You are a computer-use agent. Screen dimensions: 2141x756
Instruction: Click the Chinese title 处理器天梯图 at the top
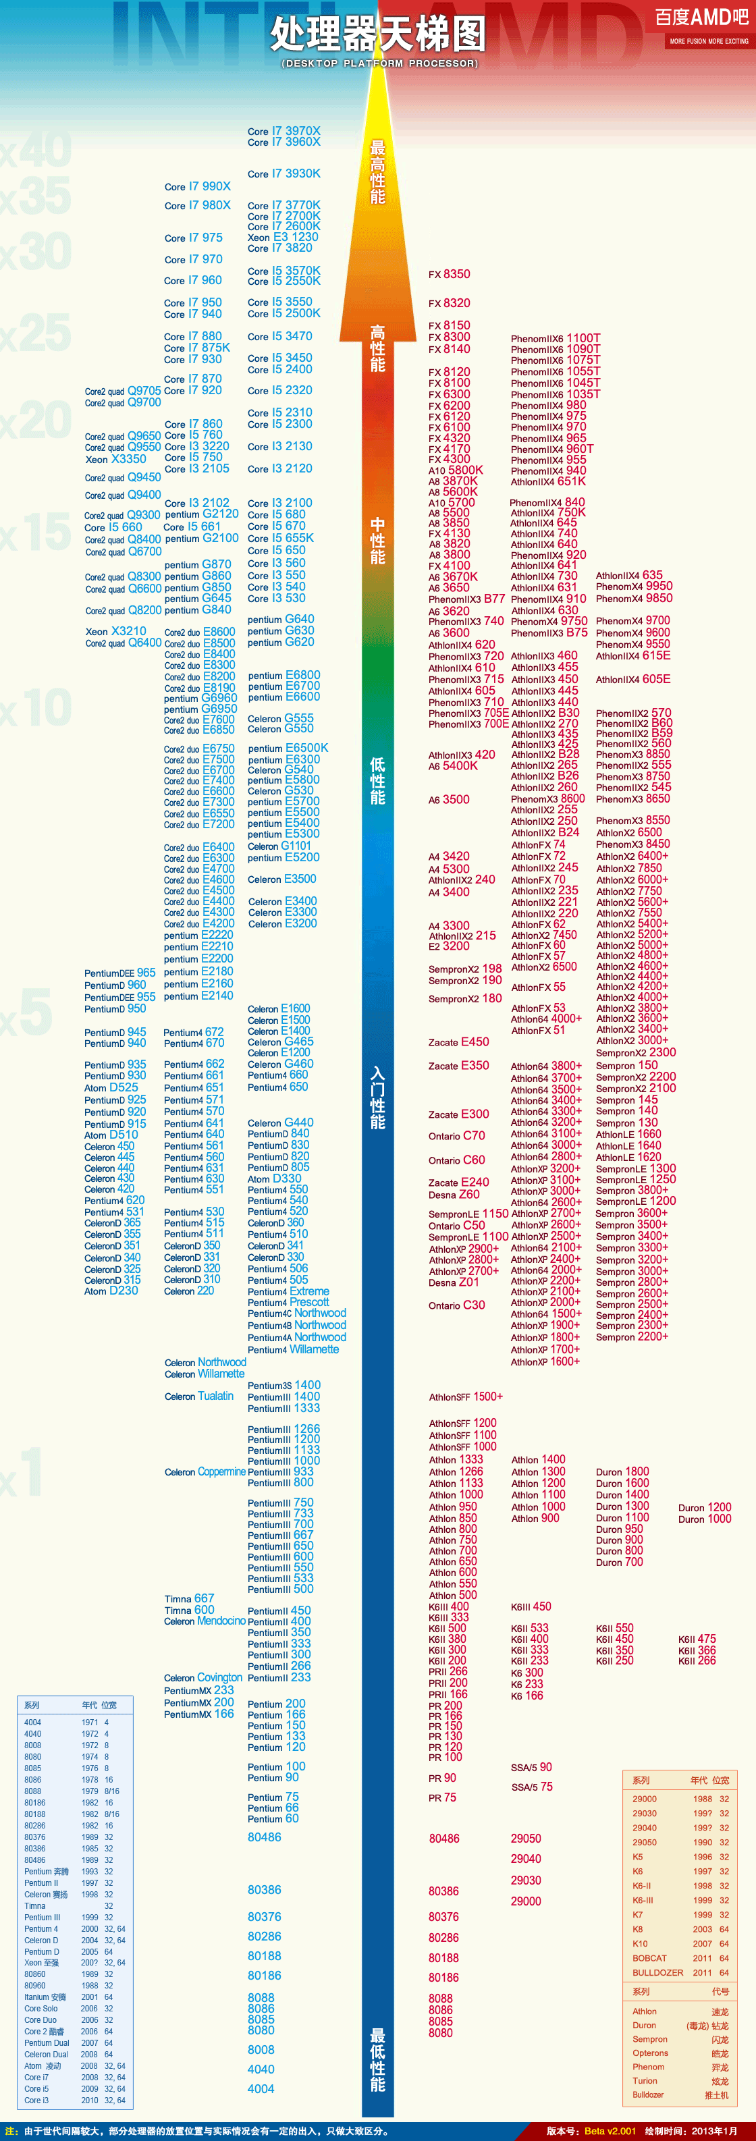click(378, 35)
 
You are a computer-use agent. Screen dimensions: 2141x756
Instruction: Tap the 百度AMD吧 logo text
click(701, 18)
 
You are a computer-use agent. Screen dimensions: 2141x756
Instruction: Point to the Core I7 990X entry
click(198, 187)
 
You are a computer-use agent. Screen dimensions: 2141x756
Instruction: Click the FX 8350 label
click(450, 274)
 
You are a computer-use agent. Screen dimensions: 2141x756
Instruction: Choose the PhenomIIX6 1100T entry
click(556, 338)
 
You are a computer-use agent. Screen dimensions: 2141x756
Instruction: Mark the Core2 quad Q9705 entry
click(123, 391)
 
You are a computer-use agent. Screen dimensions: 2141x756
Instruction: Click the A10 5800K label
click(455, 470)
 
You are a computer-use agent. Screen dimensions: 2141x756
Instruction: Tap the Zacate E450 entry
click(458, 1042)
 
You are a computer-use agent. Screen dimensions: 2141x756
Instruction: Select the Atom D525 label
click(111, 1087)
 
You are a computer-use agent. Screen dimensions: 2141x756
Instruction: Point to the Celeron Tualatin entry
click(199, 1397)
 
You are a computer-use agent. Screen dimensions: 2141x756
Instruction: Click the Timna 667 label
click(190, 1598)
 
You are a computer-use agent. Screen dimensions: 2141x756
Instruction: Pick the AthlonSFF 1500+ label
click(466, 1397)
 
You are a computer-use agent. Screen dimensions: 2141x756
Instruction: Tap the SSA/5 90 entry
click(532, 1768)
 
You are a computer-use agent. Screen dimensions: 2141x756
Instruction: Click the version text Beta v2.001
click(610, 2131)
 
